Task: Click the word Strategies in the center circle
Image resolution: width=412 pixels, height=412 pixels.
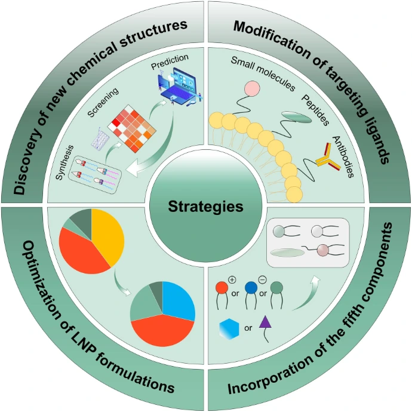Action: (205, 207)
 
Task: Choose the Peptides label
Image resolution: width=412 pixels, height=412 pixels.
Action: (315, 109)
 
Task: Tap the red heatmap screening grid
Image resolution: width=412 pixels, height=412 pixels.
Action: (133, 127)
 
